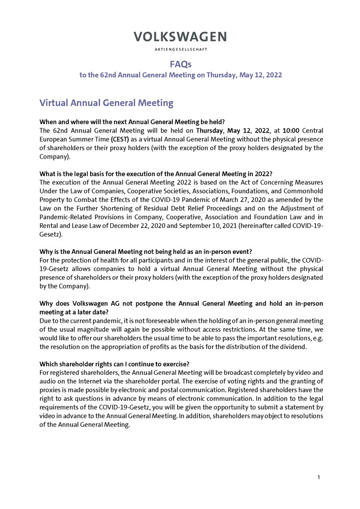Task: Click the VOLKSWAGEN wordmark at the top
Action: click(180, 37)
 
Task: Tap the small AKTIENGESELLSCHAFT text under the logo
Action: click(180, 49)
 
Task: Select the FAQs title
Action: click(180, 64)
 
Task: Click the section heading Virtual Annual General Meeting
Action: click(107, 102)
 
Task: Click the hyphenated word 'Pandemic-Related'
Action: click(68, 217)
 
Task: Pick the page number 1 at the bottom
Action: click(319, 478)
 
